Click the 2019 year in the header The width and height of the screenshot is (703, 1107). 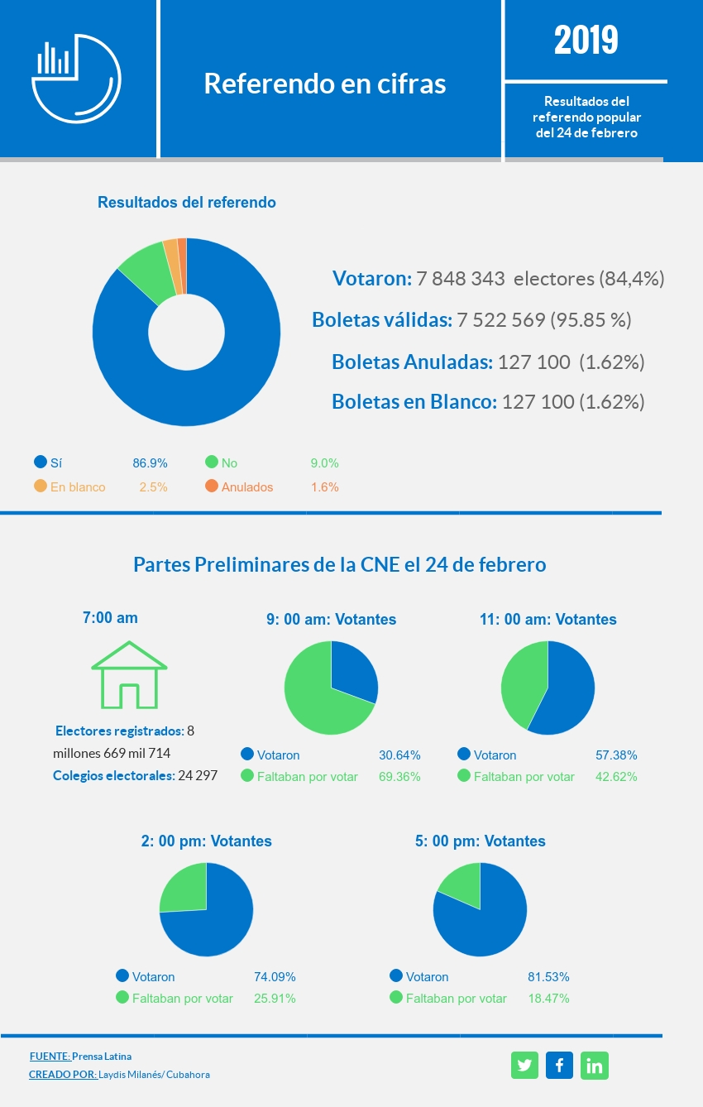pyautogui.click(x=586, y=40)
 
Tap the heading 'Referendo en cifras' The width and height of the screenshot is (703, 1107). pyautogui.click(x=325, y=84)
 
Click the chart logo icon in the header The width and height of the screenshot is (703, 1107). pyautogui.click(x=76, y=74)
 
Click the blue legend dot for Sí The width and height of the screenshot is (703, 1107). pyautogui.click(x=41, y=462)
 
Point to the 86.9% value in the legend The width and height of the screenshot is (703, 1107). pyautogui.click(x=150, y=463)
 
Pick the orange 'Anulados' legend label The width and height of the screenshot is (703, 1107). pyautogui.click(x=246, y=487)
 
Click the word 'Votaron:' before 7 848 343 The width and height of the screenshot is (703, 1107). pyautogui.click(x=371, y=279)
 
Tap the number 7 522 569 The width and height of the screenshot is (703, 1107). pyautogui.click(x=500, y=320)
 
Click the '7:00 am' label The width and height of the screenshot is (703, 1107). pyautogui.click(x=110, y=618)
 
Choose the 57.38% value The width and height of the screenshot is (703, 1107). pyautogui.click(x=616, y=755)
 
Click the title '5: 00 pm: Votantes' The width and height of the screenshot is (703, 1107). pyautogui.click(x=480, y=841)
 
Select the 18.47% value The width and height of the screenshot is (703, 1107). pyautogui.click(x=548, y=999)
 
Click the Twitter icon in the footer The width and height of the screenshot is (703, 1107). pyautogui.click(x=524, y=1066)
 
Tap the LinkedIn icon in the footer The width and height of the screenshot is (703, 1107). pyautogui.click(x=594, y=1066)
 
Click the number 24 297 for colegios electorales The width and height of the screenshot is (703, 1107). pyautogui.click(x=199, y=776)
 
